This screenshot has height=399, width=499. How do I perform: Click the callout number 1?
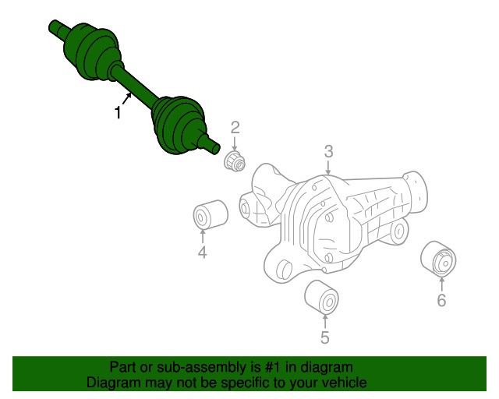[118, 113]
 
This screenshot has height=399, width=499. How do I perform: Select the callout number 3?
[329, 151]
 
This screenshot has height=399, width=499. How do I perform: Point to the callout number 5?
[324, 337]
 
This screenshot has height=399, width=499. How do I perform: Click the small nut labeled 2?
[235, 161]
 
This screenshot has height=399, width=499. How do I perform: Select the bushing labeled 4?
[210, 214]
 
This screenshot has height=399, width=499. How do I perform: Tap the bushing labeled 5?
[321, 296]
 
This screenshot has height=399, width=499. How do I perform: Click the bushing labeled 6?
[438, 259]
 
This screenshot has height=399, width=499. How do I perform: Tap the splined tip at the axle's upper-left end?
[56, 26]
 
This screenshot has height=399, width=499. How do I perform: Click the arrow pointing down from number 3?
[329, 167]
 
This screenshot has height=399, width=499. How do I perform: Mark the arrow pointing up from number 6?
[441, 282]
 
